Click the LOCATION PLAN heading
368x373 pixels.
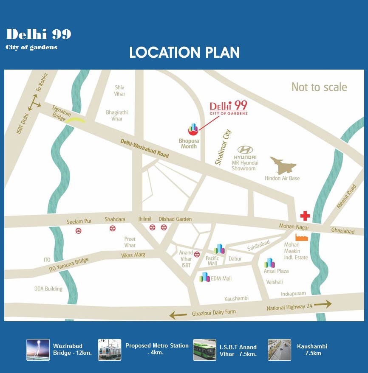(x=184, y=53)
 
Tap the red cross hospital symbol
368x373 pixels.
(x=305, y=216)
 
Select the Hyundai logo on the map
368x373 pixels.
(x=245, y=149)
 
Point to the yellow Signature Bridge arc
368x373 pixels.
(x=74, y=121)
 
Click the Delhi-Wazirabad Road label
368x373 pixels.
(x=144, y=149)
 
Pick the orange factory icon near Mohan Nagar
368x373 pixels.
(x=301, y=237)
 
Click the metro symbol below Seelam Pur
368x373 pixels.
(x=78, y=230)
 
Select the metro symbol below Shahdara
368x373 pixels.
(x=112, y=228)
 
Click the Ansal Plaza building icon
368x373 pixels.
(x=269, y=263)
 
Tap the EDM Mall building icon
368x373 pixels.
(x=204, y=277)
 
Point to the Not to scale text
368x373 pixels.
(x=319, y=87)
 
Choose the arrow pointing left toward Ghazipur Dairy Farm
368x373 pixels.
(x=178, y=315)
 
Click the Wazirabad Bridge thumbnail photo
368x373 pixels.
(x=38, y=350)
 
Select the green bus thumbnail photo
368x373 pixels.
(x=204, y=350)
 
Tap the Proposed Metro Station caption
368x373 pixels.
(x=157, y=349)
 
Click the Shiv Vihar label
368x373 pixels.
(x=119, y=90)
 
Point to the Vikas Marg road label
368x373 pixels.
(x=133, y=255)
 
